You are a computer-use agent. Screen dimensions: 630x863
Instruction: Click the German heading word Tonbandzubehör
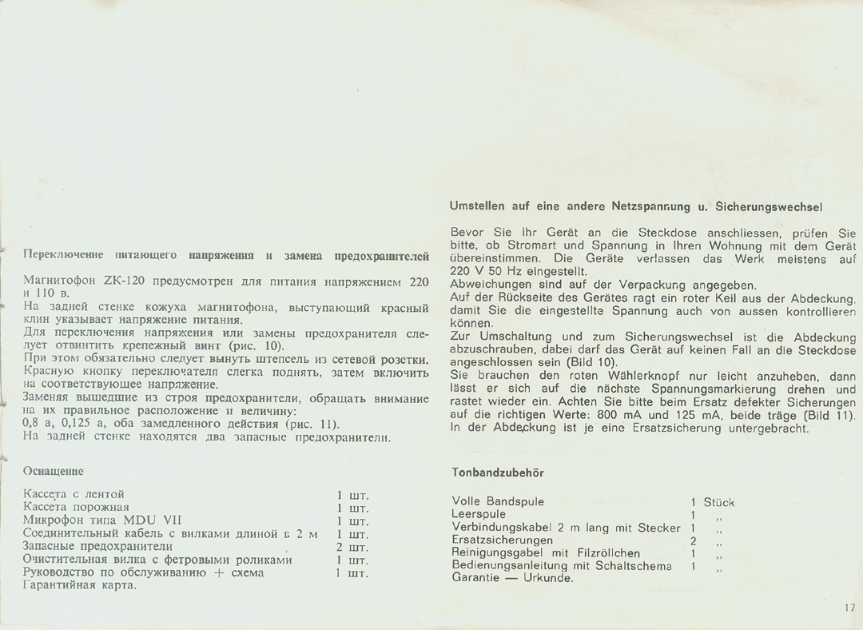(498, 472)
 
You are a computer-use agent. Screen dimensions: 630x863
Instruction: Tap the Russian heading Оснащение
(54, 472)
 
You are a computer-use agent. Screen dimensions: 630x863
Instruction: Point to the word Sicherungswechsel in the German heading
(769, 206)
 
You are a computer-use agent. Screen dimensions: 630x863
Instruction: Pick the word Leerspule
(479, 514)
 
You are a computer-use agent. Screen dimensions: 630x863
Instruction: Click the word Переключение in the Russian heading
(63, 256)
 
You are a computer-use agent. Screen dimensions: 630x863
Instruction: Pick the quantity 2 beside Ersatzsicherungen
(693, 540)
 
